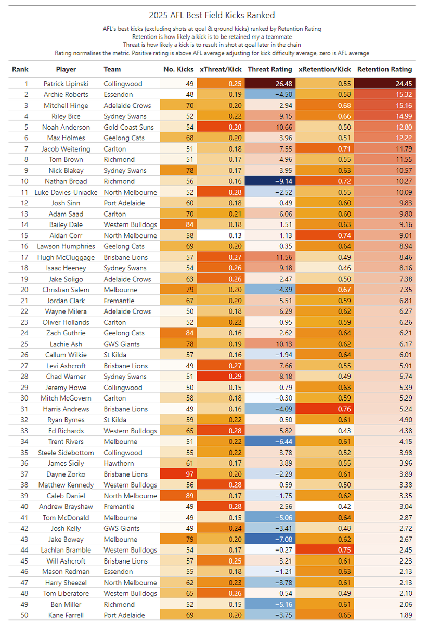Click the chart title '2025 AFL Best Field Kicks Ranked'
click(212, 16)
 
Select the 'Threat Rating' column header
click(270, 69)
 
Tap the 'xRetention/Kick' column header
click(325, 69)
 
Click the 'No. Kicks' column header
click(178, 69)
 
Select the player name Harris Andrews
click(66, 409)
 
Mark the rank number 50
click(20, 615)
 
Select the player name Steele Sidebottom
click(66, 453)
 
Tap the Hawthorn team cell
click(119, 464)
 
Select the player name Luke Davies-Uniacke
click(66, 192)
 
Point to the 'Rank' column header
click(20, 69)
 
